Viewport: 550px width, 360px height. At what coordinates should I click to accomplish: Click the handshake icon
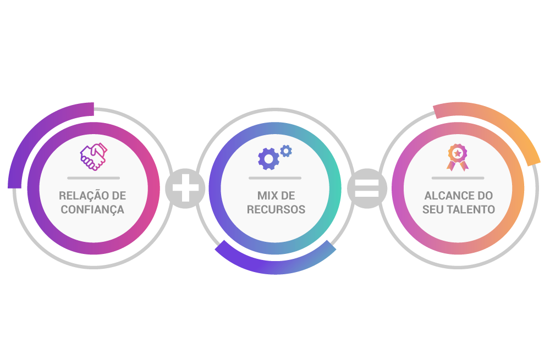click(x=94, y=157)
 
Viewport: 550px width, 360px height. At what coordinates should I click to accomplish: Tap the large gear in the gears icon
click(x=268, y=159)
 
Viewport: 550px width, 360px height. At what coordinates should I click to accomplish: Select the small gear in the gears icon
click(x=285, y=150)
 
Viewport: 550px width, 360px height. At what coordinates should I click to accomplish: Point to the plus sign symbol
click(x=185, y=189)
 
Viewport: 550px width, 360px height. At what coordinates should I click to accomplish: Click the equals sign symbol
click(x=367, y=189)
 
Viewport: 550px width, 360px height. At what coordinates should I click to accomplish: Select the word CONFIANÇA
click(x=92, y=209)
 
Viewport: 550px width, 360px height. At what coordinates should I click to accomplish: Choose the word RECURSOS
click(x=276, y=209)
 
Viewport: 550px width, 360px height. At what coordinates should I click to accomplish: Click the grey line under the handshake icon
click(x=94, y=178)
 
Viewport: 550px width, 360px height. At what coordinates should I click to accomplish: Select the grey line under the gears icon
click(x=275, y=178)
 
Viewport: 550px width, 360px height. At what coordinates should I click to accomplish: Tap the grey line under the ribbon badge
click(x=458, y=178)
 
